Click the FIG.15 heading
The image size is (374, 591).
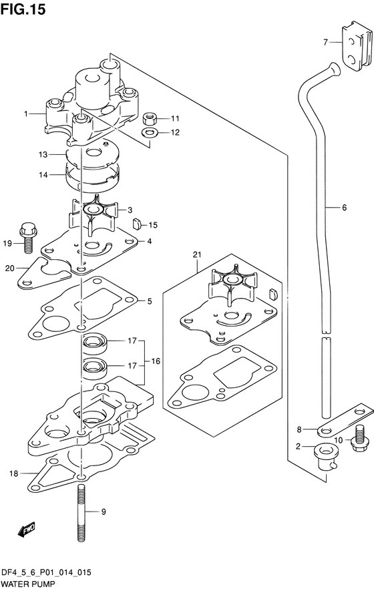23,9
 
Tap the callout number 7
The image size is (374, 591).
325,43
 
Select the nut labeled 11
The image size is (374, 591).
150,119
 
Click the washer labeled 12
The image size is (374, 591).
150,133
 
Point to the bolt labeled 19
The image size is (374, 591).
27,238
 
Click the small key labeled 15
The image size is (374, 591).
136,224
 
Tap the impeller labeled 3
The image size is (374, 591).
92,214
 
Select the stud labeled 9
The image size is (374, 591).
81,513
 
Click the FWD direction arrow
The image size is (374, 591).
27,529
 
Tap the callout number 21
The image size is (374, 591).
197,255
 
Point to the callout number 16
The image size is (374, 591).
156,361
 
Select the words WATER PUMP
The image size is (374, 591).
27,584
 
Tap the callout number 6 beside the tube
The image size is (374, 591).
344,207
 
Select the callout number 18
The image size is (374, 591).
13,473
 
